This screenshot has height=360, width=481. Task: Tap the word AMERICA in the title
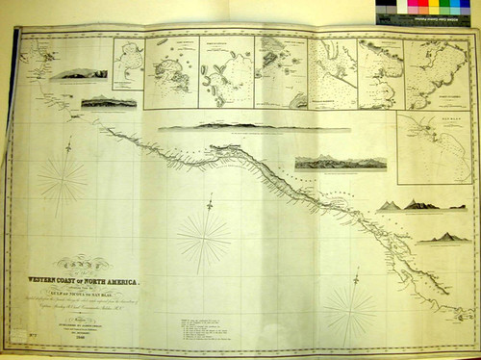125,281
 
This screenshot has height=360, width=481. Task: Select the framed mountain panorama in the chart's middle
327,163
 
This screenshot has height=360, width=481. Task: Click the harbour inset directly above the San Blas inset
438,73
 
